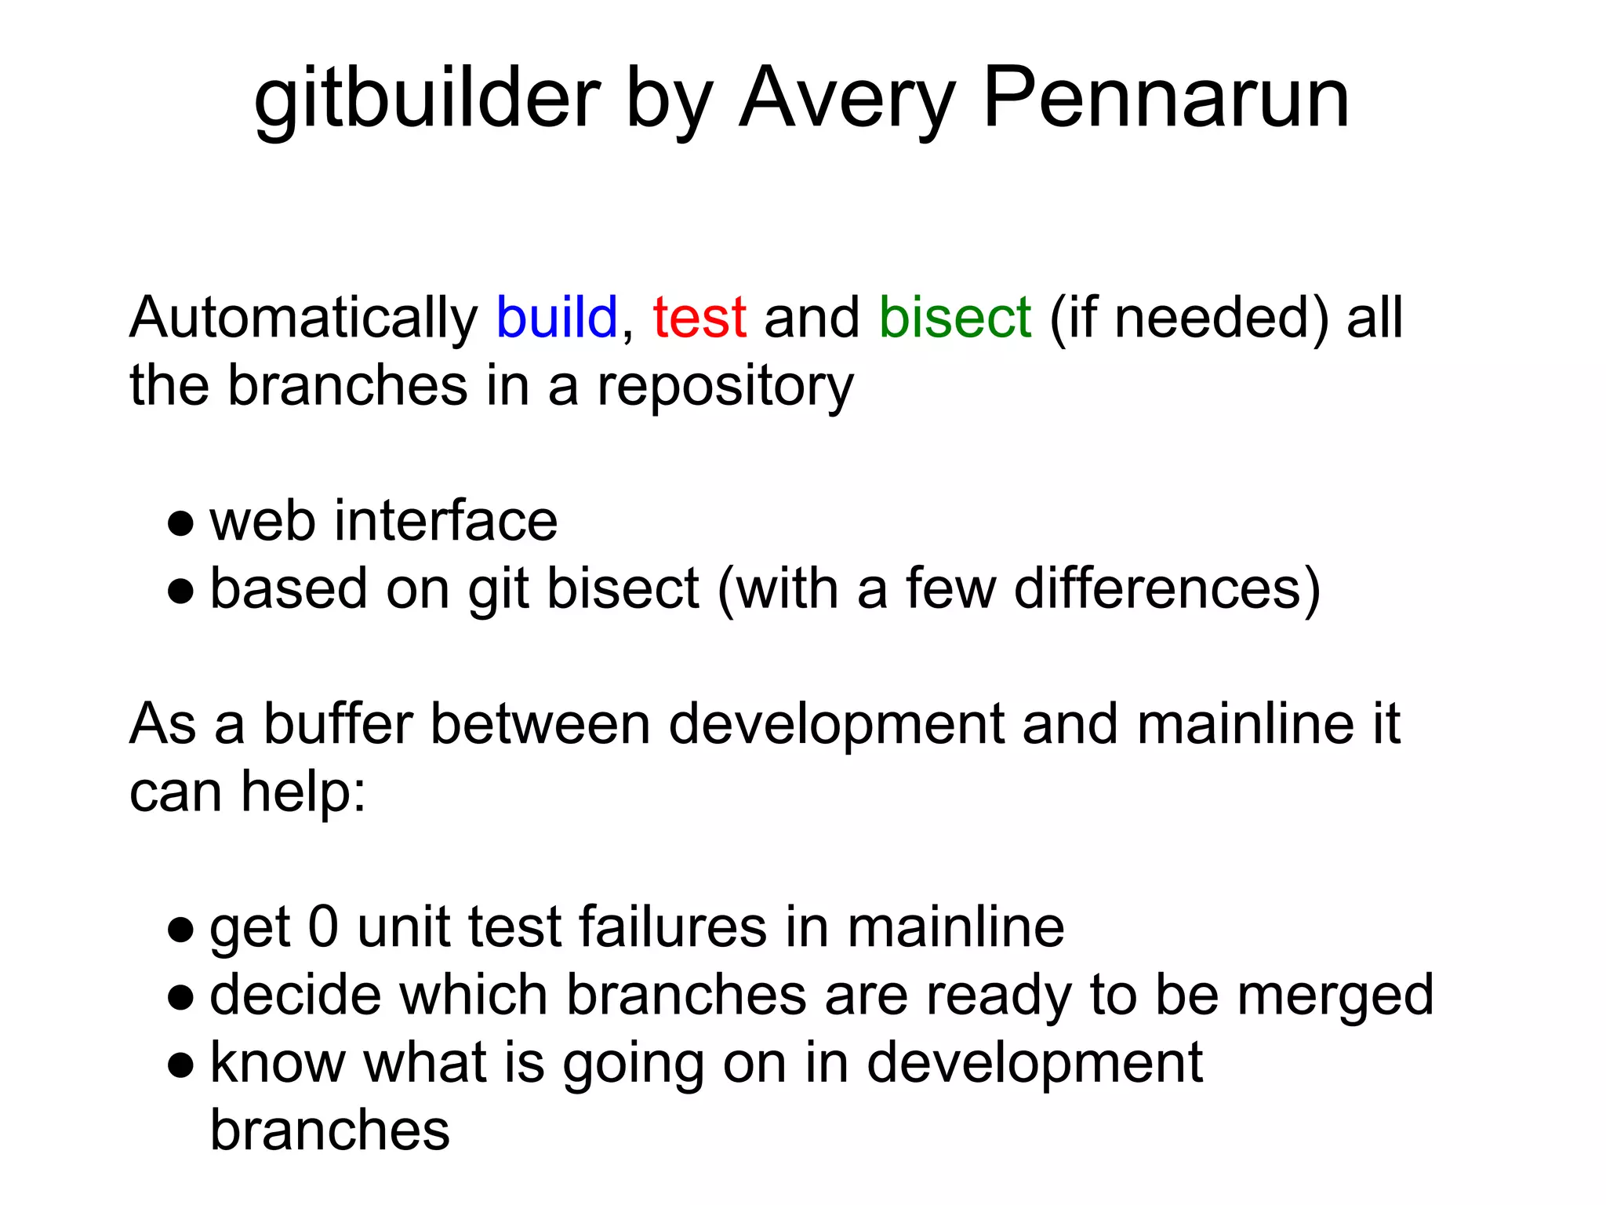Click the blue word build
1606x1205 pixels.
click(557, 318)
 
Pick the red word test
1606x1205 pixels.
click(699, 318)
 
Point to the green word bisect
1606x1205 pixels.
click(954, 318)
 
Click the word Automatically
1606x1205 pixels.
click(303, 318)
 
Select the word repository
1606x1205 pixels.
click(725, 386)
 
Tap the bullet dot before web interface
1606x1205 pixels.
click(180, 523)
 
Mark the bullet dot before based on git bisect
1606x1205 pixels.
click(180, 591)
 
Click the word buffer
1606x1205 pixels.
click(338, 723)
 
